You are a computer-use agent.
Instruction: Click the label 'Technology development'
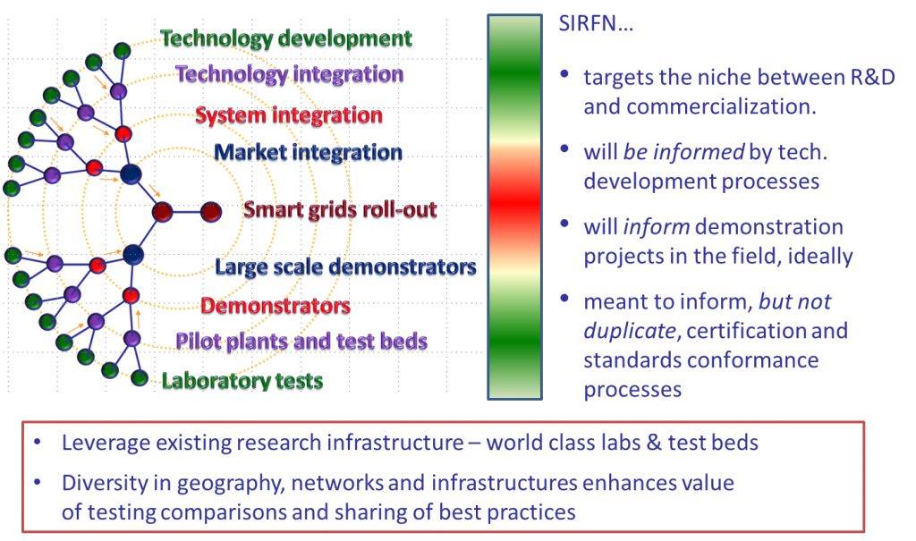(x=286, y=38)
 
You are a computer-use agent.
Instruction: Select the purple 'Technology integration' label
(x=290, y=74)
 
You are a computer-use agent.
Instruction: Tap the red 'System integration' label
(x=289, y=115)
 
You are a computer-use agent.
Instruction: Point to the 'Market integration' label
(x=308, y=153)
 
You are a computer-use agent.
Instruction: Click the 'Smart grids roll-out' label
(x=340, y=209)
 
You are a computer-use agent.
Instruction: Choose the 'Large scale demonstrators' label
(x=345, y=267)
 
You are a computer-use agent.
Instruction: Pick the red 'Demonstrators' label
(x=276, y=306)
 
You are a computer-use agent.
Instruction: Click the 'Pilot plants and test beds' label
(x=301, y=342)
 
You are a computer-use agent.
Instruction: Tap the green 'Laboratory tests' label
(x=242, y=381)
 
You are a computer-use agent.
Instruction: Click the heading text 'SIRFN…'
(x=596, y=23)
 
